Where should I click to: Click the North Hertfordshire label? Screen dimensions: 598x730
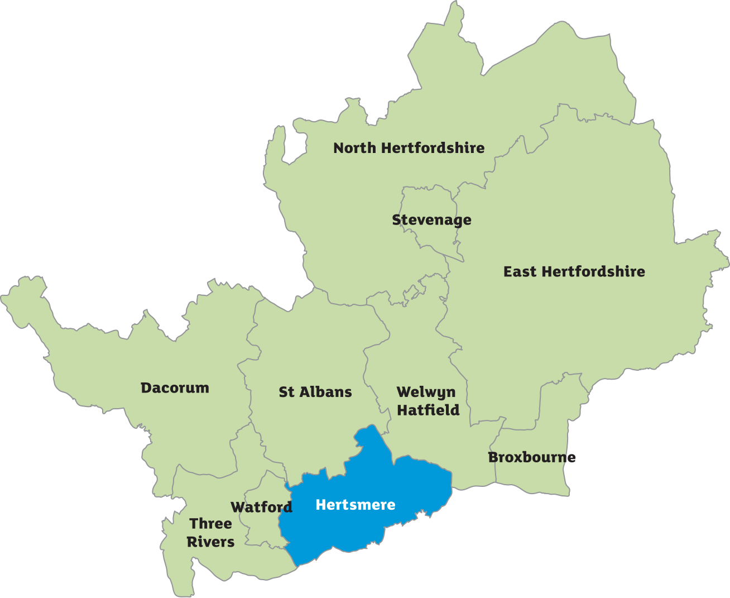click(x=409, y=148)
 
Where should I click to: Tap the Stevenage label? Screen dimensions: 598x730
click(x=431, y=220)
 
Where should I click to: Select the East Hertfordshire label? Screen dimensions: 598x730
click(x=574, y=272)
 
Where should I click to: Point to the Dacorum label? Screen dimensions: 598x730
click(x=175, y=388)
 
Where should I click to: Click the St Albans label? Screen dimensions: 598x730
click(x=315, y=392)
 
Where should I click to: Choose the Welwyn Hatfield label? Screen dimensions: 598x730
click(x=428, y=401)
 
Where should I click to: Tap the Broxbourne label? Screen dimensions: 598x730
click(x=531, y=457)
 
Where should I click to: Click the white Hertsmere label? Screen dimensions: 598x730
click(x=356, y=505)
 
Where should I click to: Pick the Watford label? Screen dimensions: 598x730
click(x=261, y=507)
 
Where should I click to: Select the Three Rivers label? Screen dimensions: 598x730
click(x=210, y=533)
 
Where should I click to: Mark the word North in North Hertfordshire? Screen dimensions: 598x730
click(x=354, y=148)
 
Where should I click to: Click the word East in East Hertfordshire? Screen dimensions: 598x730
click(x=520, y=272)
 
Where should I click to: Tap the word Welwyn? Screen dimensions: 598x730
click(x=426, y=392)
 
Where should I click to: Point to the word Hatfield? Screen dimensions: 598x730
click(x=428, y=410)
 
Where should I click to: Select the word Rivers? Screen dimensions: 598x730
click(x=210, y=542)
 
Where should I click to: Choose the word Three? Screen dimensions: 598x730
click(x=210, y=524)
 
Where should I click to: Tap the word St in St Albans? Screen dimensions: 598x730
click(x=286, y=392)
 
